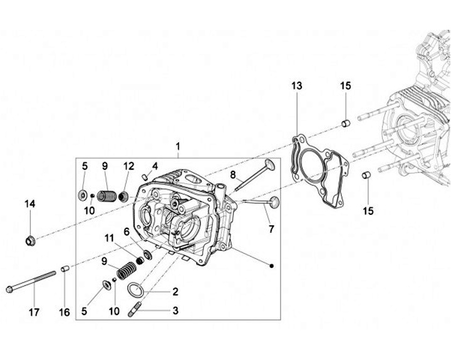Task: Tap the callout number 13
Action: (296, 85)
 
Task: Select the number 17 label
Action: (34, 312)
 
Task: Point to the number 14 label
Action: (30, 203)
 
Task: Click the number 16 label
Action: (65, 312)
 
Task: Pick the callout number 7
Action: (271, 229)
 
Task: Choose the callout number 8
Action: (232, 175)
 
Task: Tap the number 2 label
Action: (175, 291)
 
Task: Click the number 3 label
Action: (175, 311)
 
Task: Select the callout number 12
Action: (128, 166)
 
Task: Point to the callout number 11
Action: (110, 238)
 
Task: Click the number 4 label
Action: (154, 166)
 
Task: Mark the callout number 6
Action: (127, 232)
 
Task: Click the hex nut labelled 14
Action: (29, 240)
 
